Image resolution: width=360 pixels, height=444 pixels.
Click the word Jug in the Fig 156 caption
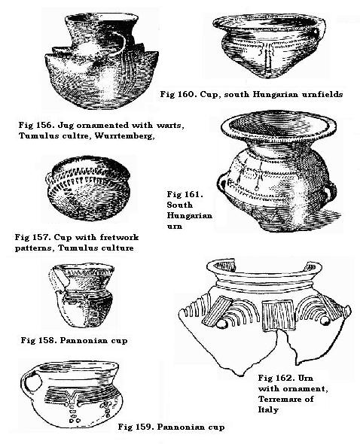pos(70,123)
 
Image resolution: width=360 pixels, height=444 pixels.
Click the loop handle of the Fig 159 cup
pos(30,385)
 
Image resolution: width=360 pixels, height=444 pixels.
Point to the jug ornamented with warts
pos(93,56)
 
